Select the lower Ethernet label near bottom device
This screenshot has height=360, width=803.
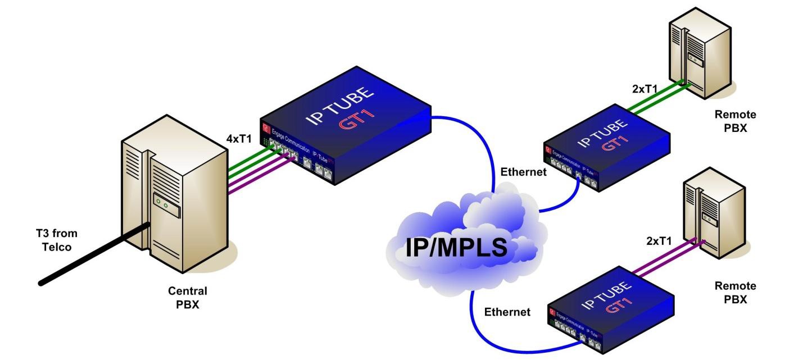(507, 311)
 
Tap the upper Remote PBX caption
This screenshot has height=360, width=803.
(735, 120)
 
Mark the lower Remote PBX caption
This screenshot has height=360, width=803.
(735, 292)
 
